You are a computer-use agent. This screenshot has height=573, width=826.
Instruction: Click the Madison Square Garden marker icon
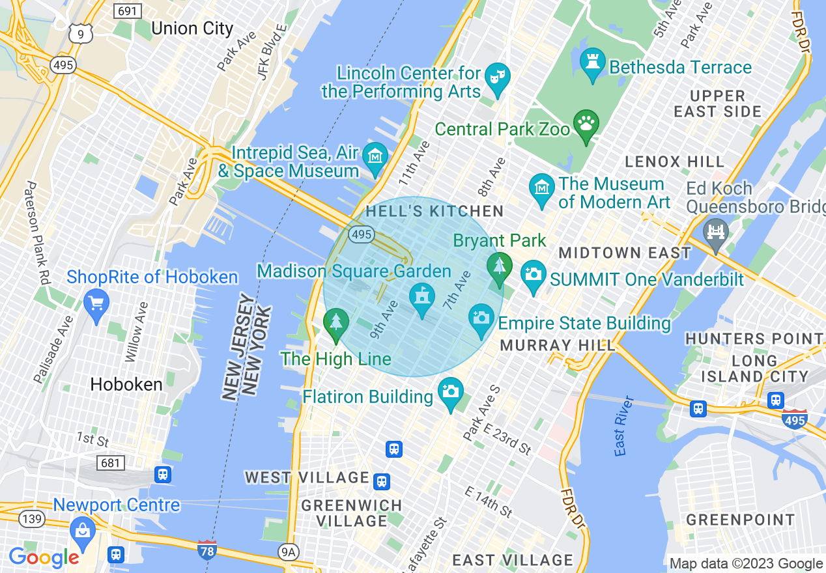[x=422, y=298]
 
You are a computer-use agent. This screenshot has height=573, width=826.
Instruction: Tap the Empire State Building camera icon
[x=481, y=318]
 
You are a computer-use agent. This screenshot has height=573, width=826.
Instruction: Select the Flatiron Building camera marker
[x=450, y=392]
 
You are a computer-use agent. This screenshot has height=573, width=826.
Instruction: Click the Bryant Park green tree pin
[x=499, y=267]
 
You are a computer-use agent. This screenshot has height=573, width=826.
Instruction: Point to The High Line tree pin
[x=336, y=322]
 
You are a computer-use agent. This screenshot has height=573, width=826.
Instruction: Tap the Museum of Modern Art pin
[x=542, y=189]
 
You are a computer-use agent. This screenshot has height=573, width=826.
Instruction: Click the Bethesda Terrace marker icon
[x=592, y=63]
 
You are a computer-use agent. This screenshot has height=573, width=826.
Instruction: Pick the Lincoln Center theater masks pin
[x=498, y=77]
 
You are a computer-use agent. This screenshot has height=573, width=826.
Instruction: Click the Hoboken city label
[x=126, y=384]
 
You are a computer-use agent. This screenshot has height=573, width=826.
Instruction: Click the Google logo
[x=44, y=557]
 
